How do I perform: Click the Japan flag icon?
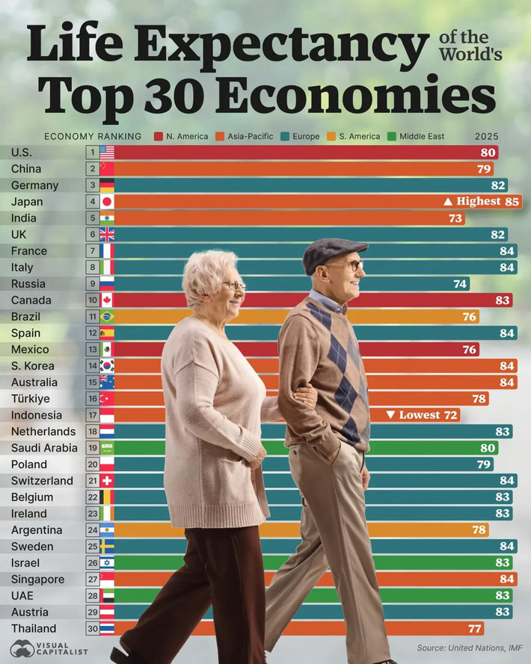[x=106, y=202]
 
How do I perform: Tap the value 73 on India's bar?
[x=454, y=218]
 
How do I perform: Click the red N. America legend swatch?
[x=158, y=136]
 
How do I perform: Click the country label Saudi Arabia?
[x=43, y=448]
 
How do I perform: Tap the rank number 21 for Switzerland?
[x=91, y=481]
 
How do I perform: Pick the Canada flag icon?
[x=106, y=301]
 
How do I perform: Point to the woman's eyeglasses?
[x=233, y=285]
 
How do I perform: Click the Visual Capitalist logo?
[x=49, y=648]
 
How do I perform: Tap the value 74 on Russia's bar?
[x=459, y=284]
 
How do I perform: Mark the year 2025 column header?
[x=486, y=136]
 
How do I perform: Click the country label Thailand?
[x=34, y=629]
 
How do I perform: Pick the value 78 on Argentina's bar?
[x=478, y=530]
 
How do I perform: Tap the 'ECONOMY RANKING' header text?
[x=93, y=136]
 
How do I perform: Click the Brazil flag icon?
[x=106, y=317]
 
